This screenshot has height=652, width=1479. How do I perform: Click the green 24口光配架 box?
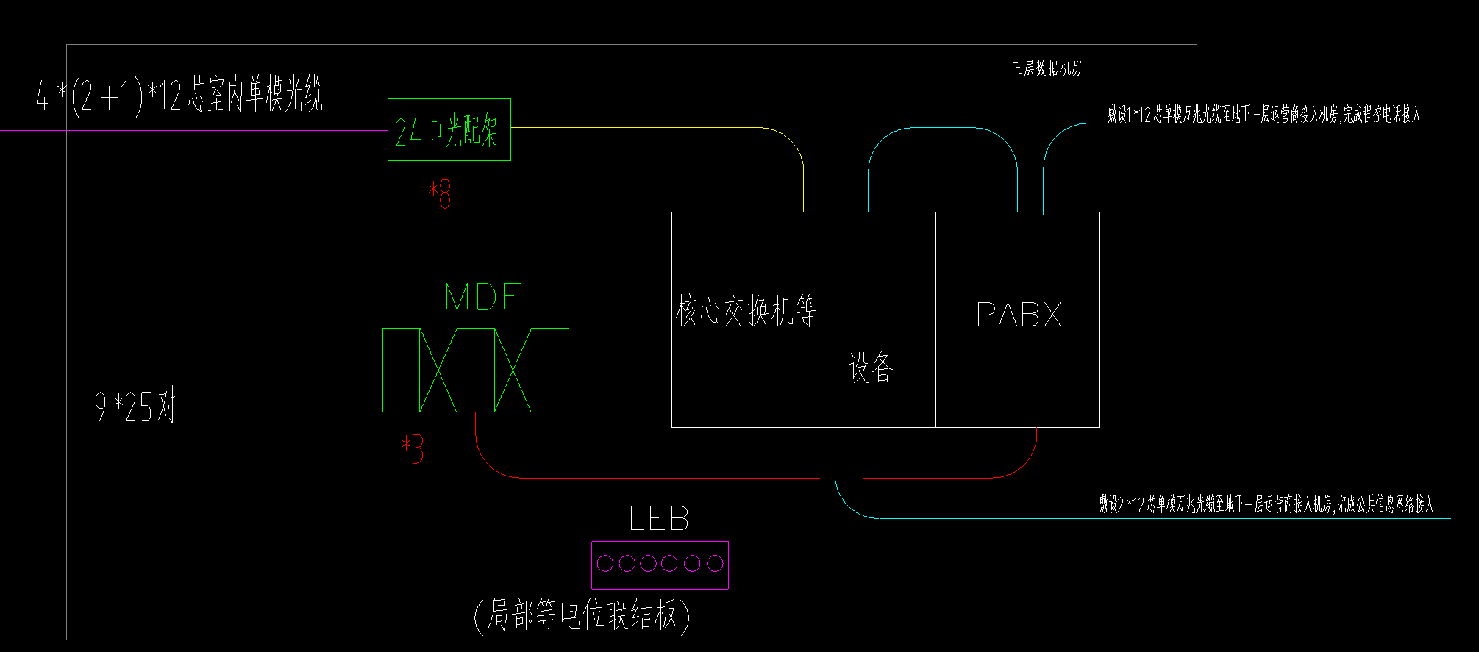449,129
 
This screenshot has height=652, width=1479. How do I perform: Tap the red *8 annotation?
440,194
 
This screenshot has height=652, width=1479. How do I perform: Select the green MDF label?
482,297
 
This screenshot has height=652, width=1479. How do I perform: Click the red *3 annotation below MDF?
413,449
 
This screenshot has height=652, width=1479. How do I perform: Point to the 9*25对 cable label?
135,406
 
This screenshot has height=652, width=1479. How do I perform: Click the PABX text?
1019,315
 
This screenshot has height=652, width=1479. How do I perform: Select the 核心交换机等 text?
746,311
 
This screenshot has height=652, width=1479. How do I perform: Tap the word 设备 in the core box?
870,368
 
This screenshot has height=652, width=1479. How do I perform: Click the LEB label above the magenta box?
659,519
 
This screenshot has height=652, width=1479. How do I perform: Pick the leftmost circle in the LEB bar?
605,563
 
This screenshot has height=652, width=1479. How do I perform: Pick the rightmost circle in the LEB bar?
715,563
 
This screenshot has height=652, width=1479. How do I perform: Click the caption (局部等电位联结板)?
582,615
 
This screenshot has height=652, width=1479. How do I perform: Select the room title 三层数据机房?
1047,69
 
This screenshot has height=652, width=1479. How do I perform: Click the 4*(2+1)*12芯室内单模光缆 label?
179,95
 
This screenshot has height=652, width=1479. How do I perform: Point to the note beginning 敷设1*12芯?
1264,114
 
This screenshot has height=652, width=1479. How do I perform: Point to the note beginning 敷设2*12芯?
1266,504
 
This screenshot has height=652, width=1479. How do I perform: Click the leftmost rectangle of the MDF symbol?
401,370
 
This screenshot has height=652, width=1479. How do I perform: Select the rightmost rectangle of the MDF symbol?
550,370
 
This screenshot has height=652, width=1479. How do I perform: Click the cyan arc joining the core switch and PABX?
942,129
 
